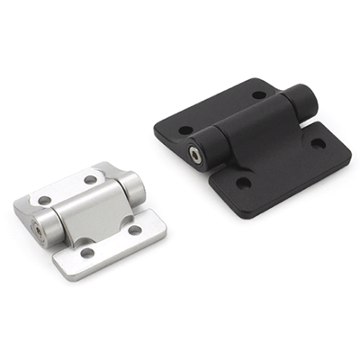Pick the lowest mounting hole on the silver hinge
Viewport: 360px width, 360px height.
[x=87, y=253]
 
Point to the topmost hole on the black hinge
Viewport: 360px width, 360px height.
[x=259, y=94]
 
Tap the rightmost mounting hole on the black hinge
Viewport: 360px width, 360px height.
[x=318, y=143]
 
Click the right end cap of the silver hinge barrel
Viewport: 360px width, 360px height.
[x=133, y=186]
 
